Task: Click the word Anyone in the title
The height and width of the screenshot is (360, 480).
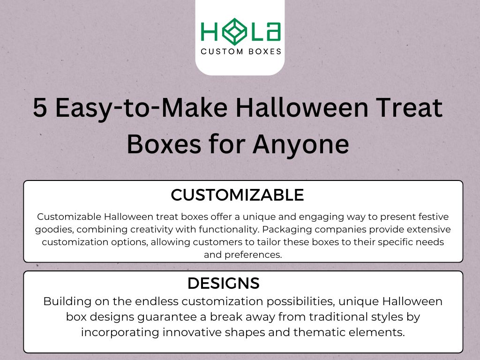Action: pos(301,145)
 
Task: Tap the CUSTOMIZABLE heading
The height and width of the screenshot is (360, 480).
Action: pos(237,195)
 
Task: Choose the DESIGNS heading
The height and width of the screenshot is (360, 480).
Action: pos(223,283)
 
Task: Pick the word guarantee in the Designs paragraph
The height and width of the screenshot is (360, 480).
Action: pos(168,317)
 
